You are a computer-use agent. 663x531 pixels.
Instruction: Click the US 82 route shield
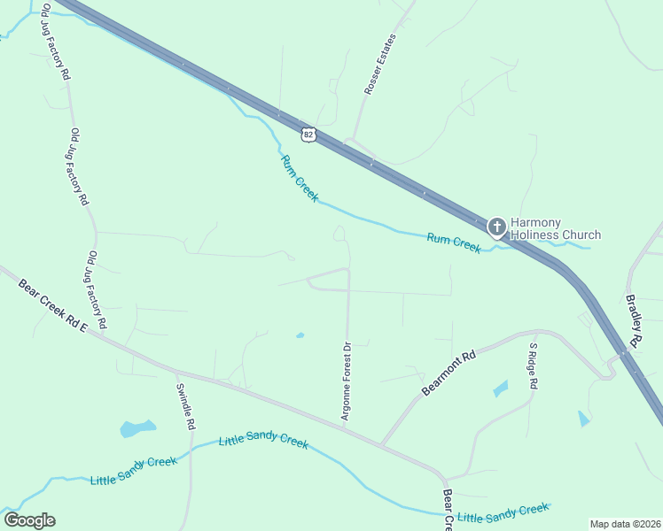pyautogui.click(x=308, y=134)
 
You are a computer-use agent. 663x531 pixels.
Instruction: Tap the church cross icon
pyautogui.click(x=497, y=227)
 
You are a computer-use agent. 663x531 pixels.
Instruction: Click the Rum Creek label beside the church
pyautogui.click(x=453, y=242)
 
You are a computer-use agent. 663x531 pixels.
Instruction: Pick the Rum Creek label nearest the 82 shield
pyautogui.click(x=299, y=178)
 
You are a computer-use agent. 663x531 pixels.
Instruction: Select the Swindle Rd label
pyautogui.click(x=185, y=407)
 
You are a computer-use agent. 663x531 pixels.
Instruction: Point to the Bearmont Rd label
pyautogui.click(x=448, y=373)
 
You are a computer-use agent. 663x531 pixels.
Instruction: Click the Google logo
pyautogui.click(x=29, y=520)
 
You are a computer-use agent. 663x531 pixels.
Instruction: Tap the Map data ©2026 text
pyautogui.click(x=625, y=524)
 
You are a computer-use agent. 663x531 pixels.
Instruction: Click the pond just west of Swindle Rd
pyautogui.click(x=137, y=429)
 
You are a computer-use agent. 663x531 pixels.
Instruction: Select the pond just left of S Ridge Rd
pyautogui.click(x=501, y=389)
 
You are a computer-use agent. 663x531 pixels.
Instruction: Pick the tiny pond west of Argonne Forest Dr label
pyautogui.click(x=300, y=335)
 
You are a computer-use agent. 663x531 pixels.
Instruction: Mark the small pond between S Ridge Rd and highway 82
pyautogui.click(x=582, y=418)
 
